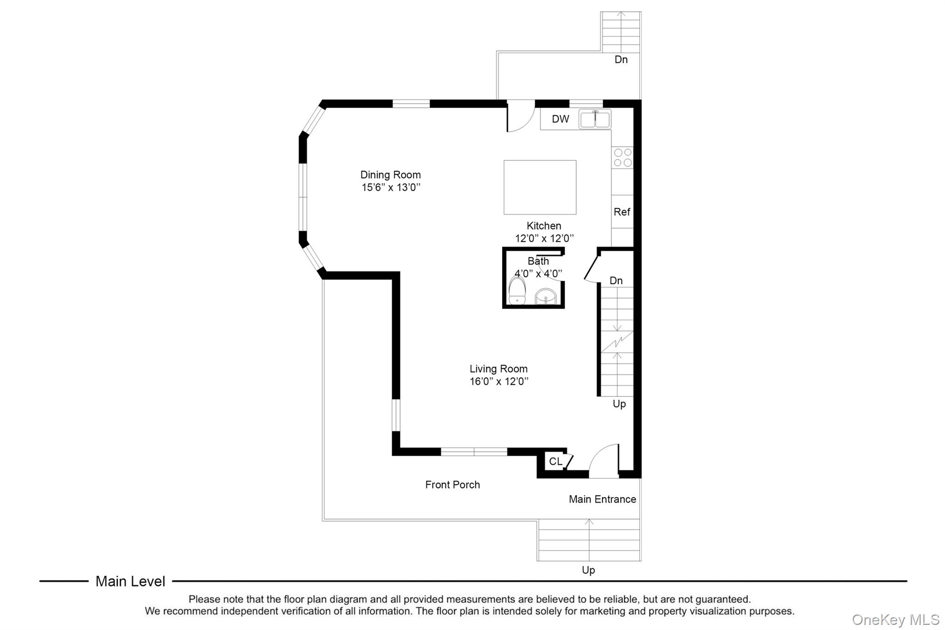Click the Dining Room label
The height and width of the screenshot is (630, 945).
(390, 175)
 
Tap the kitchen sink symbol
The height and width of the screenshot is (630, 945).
(595, 120)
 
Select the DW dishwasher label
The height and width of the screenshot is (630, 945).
(560, 119)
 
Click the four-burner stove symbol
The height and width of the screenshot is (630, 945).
(622, 157)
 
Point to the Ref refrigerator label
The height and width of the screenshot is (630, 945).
(622, 212)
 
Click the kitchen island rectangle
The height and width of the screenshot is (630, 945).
(540, 187)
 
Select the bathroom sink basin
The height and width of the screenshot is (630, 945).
(547, 297)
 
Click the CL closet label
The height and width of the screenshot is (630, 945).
(556, 462)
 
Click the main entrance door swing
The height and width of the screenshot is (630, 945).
(604, 462)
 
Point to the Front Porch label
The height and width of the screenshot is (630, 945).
(452, 485)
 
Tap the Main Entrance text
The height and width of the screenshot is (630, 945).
(602, 499)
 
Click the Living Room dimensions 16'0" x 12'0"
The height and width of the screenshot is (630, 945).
(499, 381)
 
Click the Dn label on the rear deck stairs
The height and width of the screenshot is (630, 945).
(621, 60)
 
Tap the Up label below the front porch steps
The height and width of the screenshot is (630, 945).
(588, 570)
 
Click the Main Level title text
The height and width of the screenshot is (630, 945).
(130, 581)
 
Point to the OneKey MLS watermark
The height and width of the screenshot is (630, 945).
(895, 619)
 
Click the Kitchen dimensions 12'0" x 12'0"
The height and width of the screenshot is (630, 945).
(544, 238)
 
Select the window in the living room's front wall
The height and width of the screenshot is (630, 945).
(474, 452)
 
